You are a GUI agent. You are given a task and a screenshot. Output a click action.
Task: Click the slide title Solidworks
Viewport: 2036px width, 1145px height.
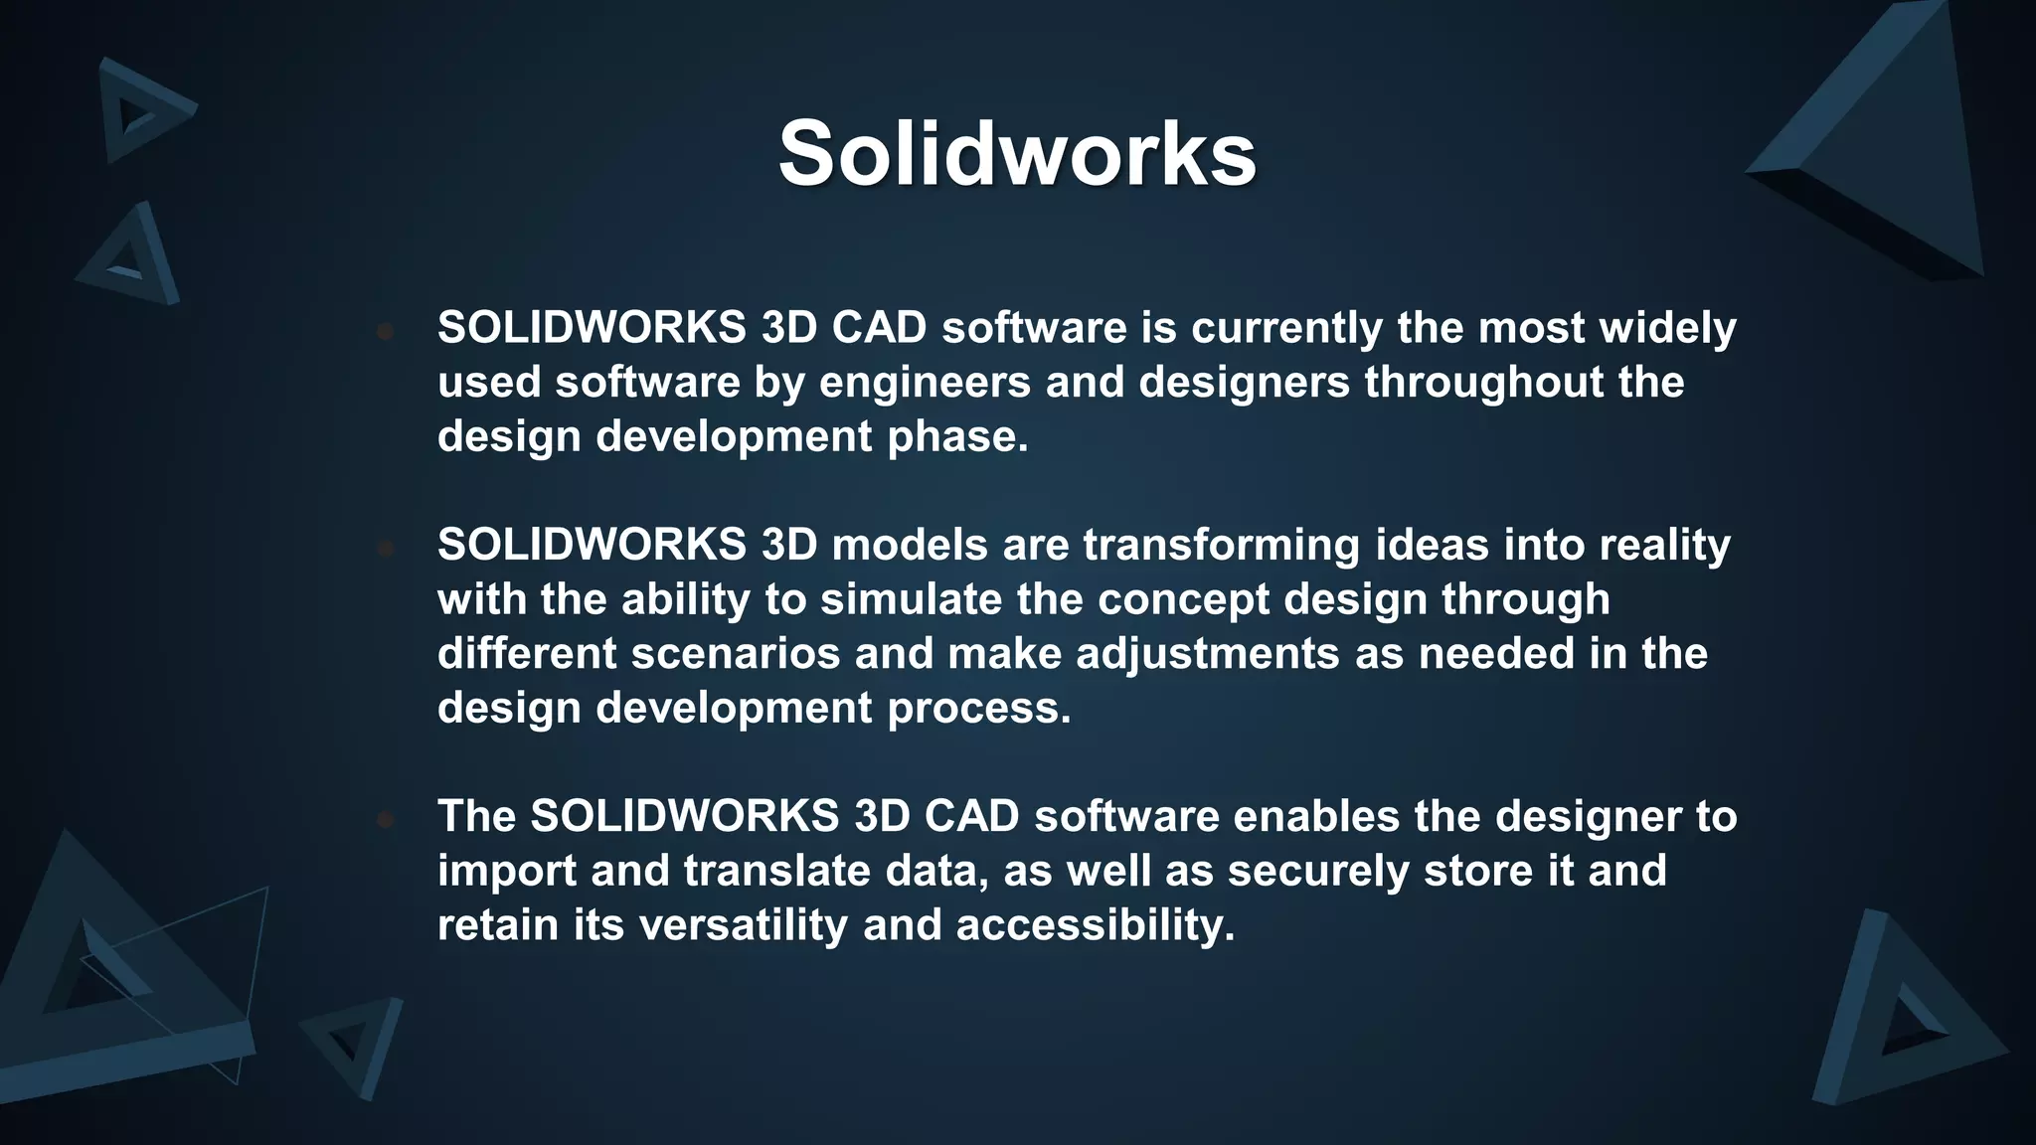coord(1017,154)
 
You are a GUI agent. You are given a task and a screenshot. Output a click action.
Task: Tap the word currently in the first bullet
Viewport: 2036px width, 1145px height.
coord(1286,328)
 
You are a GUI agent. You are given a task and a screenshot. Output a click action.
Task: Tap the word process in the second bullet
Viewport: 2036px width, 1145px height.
coord(978,709)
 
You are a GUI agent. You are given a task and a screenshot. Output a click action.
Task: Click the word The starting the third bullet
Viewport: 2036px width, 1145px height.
coord(476,816)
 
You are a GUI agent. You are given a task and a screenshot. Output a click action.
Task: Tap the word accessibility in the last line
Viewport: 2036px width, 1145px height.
coord(1095,925)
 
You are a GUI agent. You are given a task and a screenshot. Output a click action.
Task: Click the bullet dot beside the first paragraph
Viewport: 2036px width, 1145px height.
coord(386,331)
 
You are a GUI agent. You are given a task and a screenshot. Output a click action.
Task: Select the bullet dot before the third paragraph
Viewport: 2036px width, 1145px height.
coord(386,819)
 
